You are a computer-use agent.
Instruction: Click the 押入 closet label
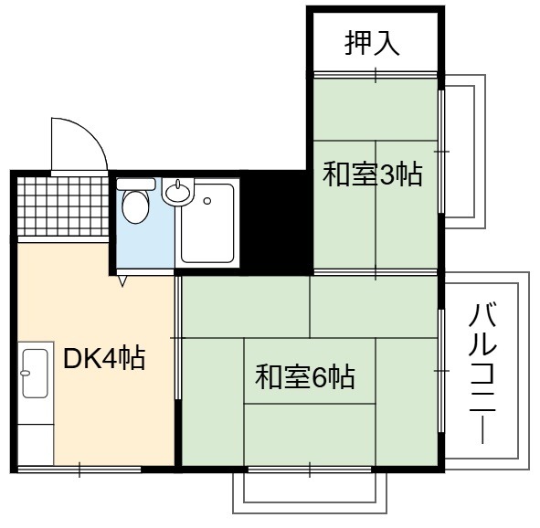(372, 43)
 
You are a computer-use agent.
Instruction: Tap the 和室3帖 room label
(372, 174)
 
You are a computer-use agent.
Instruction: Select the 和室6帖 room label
(305, 377)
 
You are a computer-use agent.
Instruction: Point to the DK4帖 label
(104, 359)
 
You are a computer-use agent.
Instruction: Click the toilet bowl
(136, 206)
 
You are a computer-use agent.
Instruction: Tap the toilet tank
(136, 184)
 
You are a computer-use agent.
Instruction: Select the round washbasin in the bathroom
(177, 193)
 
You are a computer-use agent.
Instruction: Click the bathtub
(207, 223)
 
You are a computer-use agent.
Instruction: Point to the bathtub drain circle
(207, 201)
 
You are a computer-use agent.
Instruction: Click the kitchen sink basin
(35, 373)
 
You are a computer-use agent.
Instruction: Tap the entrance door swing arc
(90, 132)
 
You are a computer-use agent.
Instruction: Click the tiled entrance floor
(63, 206)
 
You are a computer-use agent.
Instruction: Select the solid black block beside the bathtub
(276, 222)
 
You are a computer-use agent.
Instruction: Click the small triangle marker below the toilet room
(122, 280)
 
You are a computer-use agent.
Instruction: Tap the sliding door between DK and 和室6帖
(177, 338)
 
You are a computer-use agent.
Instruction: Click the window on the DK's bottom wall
(79, 470)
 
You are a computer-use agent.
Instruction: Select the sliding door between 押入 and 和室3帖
(376, 75)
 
